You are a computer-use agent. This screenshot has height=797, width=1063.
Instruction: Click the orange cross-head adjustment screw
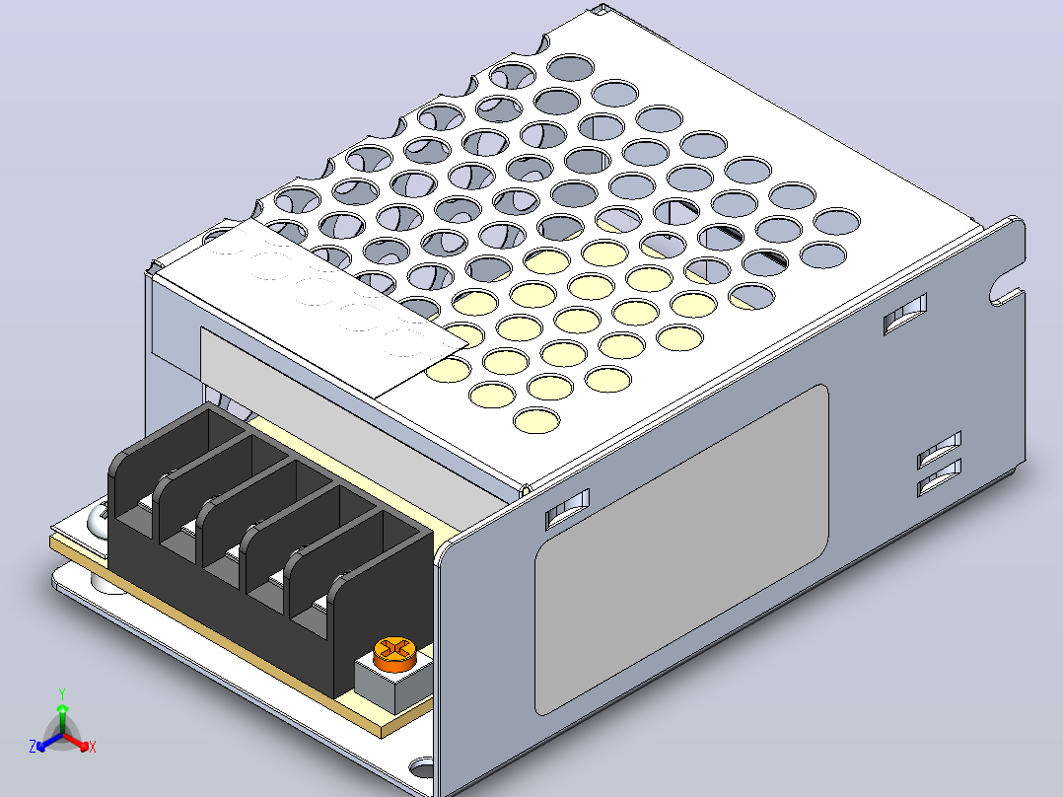tap(393, 654)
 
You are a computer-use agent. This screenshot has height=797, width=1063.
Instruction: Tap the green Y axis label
tap(62, 693)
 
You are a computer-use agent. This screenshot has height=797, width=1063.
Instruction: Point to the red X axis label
tap(93, 747)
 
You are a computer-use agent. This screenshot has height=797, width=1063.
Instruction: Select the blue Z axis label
tap(33, 746)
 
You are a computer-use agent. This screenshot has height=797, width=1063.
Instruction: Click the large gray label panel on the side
tap(681, 549)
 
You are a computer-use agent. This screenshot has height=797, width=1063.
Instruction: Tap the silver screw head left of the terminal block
tap(98, 521)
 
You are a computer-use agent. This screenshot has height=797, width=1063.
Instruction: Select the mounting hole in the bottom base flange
tap(421, 769)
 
